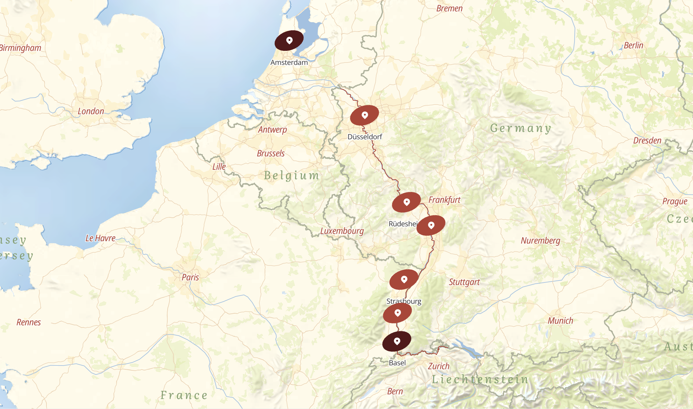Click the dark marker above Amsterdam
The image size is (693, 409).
[x=289, y=41]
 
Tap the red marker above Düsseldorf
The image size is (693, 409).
[x=365, y=115]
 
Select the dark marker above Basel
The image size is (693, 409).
[x=397, y=341]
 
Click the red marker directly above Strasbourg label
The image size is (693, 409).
[x=404, y=280]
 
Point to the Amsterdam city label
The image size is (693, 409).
[x=289, y=62]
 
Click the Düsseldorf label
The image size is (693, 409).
[x=365, y=137]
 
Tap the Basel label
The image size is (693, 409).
[x=397, y=363]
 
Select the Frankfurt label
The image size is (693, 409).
[x=444, y=200]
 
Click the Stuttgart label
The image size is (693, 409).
[x=464, y=282]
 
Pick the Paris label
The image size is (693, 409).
[x=190, y=277]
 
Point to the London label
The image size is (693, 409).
[x=91, y=111]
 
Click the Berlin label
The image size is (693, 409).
[x=633, y=45]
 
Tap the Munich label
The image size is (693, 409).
[x=561, y=321]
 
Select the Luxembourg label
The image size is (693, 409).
[x=342, y=231]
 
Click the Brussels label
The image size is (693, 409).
[x=271, y=153]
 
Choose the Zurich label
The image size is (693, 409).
[x=439, y=366]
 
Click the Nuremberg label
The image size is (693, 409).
[x=541, y=241]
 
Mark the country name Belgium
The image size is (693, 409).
[x=292, y=176]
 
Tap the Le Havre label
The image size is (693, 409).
[x=100, y=238]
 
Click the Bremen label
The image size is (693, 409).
[x=449, y=9]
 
